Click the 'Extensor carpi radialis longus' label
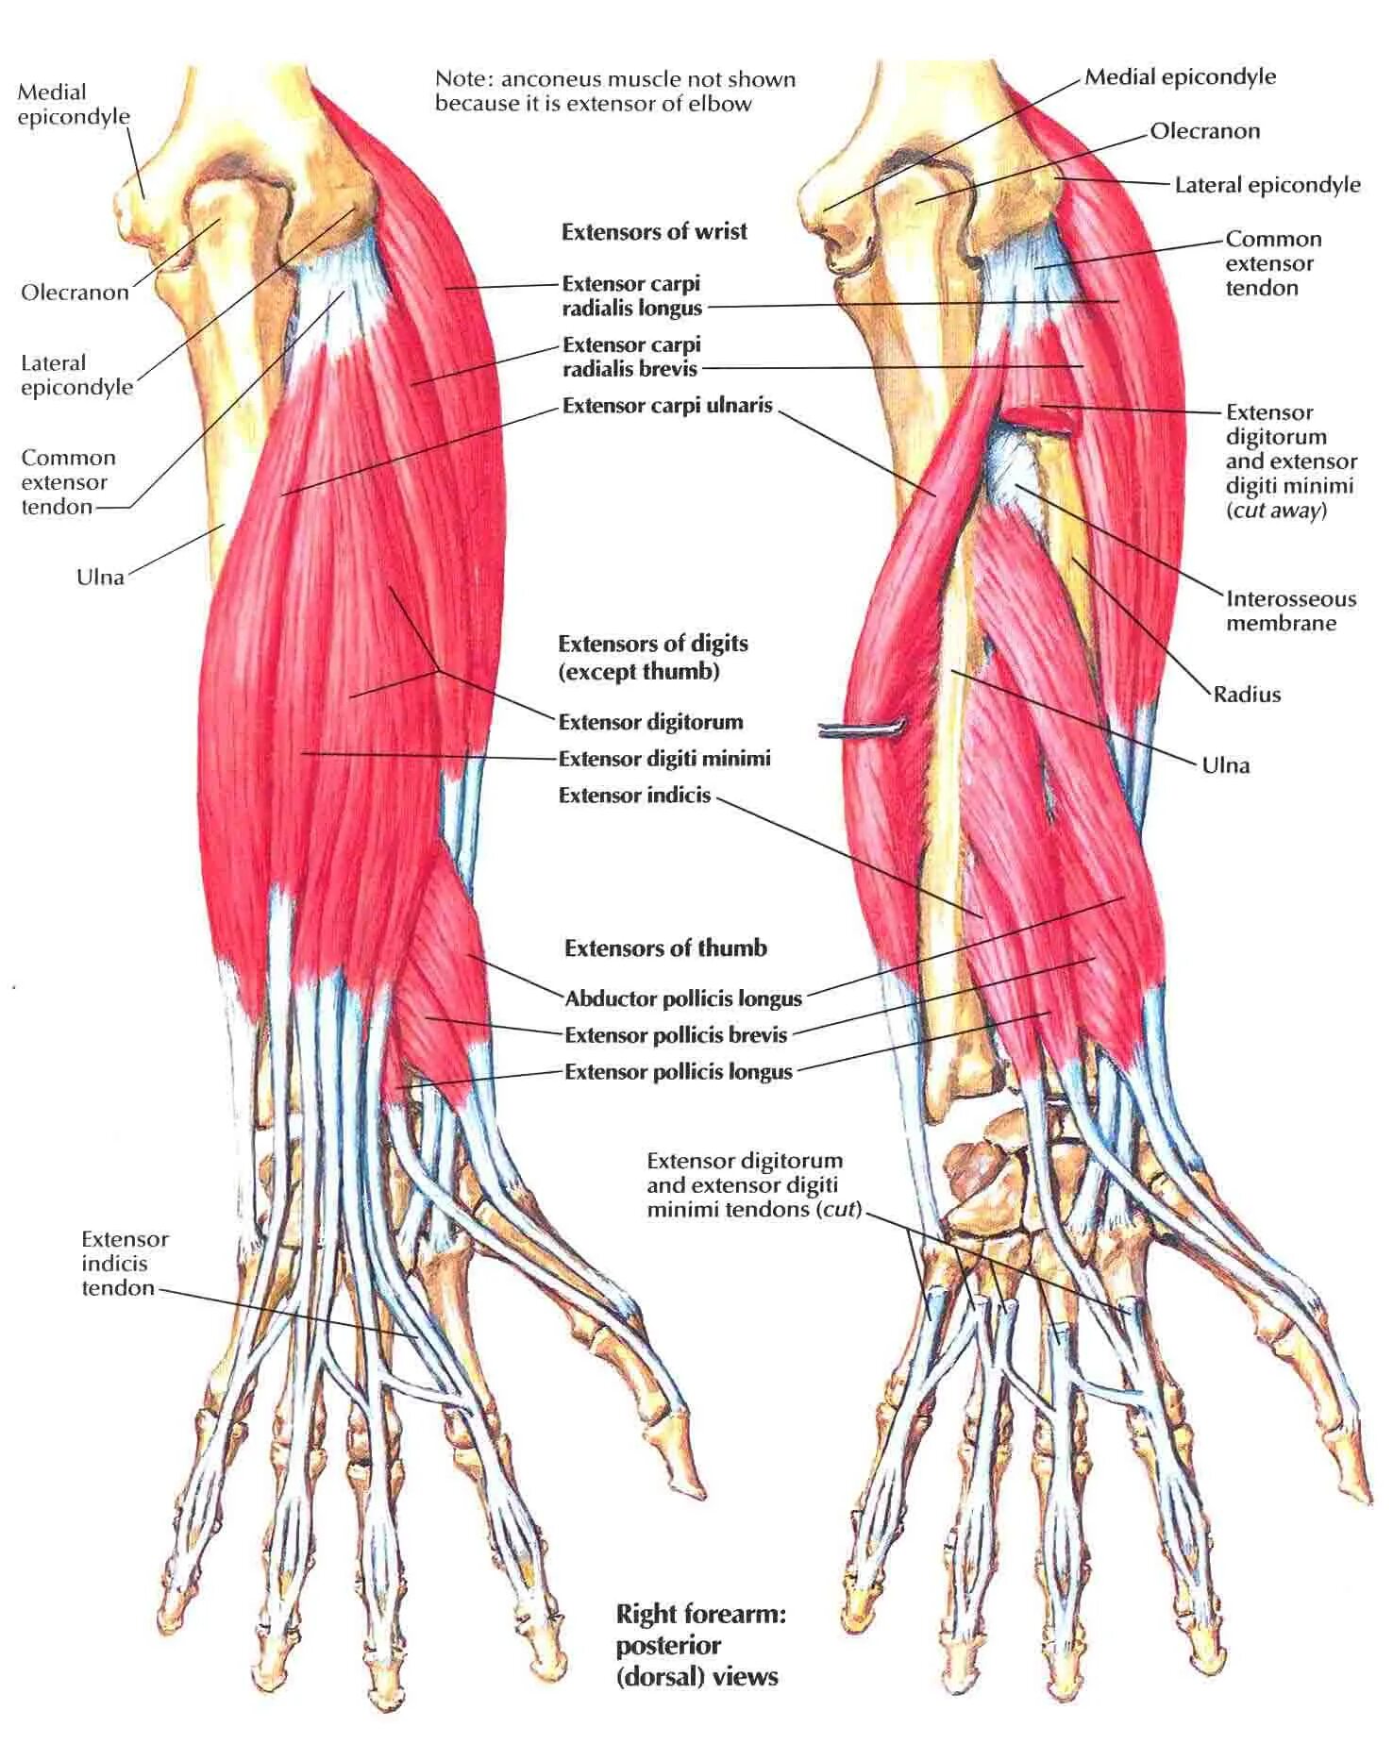[631, 295]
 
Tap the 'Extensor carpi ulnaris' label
[667, 406]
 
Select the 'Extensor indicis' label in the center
[634, 795]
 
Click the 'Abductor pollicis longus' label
[683, 998]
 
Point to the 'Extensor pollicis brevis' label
[676, 1034]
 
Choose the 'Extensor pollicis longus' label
[679, 1071]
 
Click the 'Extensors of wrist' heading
[654, 231]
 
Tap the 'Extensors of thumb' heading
[665, 947]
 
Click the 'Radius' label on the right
[1247, 695]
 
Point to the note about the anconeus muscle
[614, 92]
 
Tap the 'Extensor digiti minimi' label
[664, 758]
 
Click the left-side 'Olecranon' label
[75, 292]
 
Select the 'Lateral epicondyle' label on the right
[1267, 185]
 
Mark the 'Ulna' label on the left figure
[100, 577]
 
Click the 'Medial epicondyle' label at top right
[1180, 77]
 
